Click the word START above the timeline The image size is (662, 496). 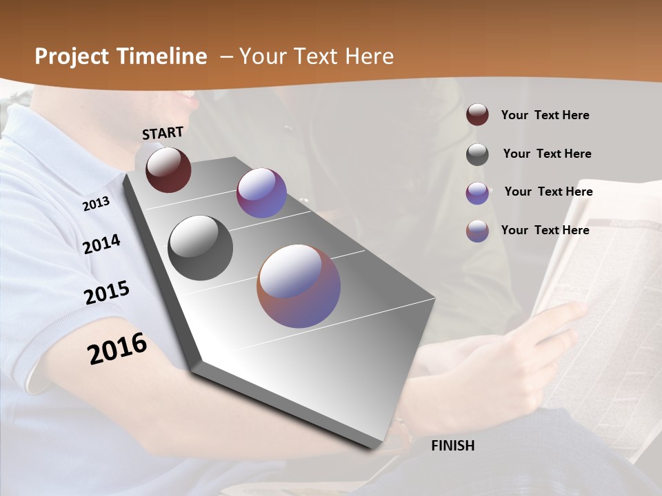pos(163,133)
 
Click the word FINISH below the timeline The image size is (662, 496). pos(453,446)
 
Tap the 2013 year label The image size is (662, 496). pos(96,204)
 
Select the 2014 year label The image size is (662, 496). pos(101,244)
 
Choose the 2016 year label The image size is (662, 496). pos(117,349)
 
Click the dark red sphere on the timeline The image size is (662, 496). pos(168,169)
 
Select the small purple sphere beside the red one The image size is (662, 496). pos(261,193)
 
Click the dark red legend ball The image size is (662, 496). pos(477,114)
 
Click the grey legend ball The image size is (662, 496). pos(477,154)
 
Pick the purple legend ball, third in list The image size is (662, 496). pos(477,193)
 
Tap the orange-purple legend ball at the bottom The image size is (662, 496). pos(477,231)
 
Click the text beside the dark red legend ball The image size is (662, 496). pos(545,115)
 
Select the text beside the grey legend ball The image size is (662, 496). pos(547,154)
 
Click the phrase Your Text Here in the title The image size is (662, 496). pos(317,56)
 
